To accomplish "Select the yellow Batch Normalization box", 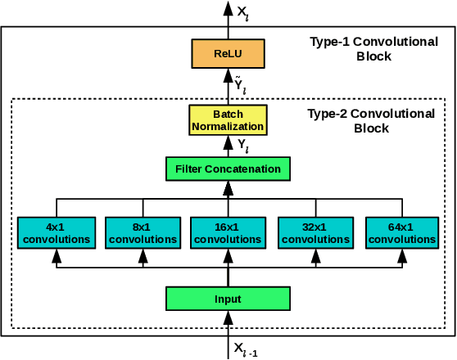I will click(x=228, y=119).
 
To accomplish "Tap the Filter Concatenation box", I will click(x=228, y=169).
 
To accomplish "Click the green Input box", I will click(x=228, y=298).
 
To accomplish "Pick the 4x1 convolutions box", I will click(x=57, y=233).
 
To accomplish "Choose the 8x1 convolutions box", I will click(x=143, y=233).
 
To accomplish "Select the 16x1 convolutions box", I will click(x=228, y=233).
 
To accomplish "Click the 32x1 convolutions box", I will click(x=314, y=233).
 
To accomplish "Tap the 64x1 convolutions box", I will click(x=400, y=233).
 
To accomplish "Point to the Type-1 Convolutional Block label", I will click(x=363, y=49).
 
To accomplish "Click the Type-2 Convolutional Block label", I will click(x=370, y=121).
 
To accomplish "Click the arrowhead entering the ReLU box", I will click(x=228, y=74).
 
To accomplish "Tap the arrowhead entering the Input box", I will click(x=228, y=317).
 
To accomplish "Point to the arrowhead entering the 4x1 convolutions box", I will click(x=57, y=256).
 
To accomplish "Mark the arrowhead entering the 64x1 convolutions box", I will click(x=400, y=256).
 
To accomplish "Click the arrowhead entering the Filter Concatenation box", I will click(x=228, y=188).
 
